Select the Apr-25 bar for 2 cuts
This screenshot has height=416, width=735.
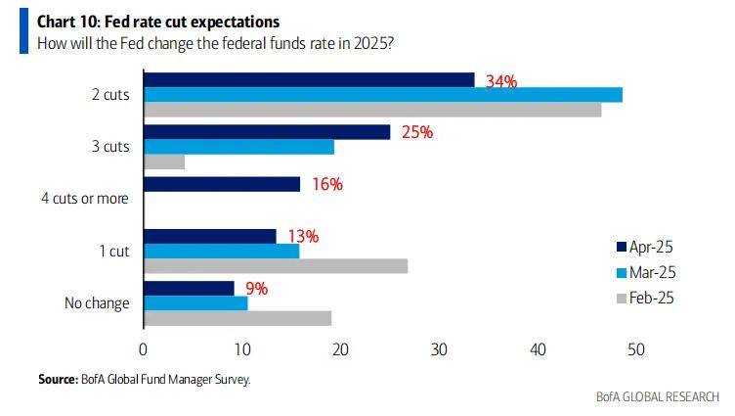tap(309, 80)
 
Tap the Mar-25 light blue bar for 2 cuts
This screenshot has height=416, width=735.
tap(383, 95)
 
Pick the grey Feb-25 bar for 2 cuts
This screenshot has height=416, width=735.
tap(372, 110)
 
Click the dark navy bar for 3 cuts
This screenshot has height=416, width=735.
tap(267, 132)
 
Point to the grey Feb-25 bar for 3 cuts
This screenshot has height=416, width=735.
tap(164, 162)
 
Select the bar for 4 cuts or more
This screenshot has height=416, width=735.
tap(222, 184)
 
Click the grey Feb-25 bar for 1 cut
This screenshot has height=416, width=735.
tap(276, 266)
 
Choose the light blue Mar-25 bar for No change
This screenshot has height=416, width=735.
tap(195, 302)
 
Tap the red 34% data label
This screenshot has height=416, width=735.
tap(502, 81)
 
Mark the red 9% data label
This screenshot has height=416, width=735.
tap(256, 288)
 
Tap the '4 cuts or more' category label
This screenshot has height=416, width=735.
tap(85, 199)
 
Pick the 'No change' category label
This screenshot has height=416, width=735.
tap(96, 302)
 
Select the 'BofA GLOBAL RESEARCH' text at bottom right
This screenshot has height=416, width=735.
tap(657, 397)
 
